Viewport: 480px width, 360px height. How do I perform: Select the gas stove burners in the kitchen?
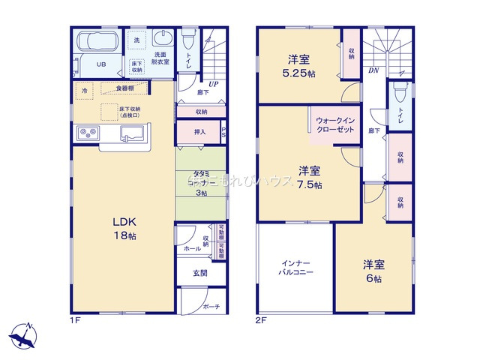pos(87,134)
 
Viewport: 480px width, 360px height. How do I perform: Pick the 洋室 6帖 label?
pos(373,271)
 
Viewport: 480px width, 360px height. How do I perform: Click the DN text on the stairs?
pos(373,71)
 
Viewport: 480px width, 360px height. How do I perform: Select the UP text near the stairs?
pos(214,84)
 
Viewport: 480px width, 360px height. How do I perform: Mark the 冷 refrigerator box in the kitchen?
pos(84,88)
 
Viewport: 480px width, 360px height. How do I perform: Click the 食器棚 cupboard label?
pos(124,88)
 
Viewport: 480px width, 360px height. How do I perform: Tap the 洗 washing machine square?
pos(136,39)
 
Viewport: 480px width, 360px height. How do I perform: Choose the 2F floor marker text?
pos(260,319)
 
